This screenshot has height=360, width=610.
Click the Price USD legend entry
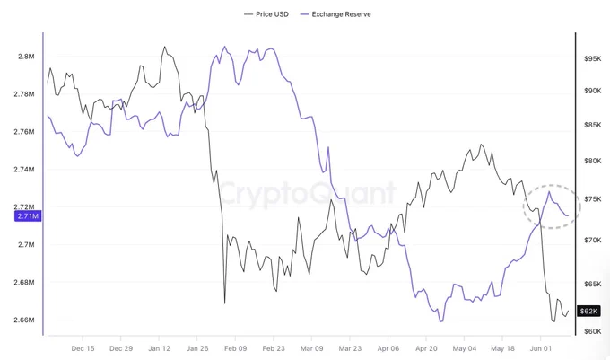click(266, 14)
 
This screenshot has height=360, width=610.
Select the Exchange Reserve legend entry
click(335, 14)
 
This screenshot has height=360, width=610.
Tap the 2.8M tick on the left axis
click(26, 57)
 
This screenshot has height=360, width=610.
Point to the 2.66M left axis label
click(24, 320)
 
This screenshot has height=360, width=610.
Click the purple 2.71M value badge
click(28, 216)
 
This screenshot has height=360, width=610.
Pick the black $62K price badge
click(588, 311)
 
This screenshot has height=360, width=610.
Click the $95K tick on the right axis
click(592, 58)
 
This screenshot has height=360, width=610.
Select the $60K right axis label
click(592, 331)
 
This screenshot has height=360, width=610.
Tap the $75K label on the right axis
click(592, 199)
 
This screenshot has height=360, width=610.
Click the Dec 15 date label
click(83, 348)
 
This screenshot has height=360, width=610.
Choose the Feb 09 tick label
click(235, 348)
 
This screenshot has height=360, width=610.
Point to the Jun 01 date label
click(540, 348)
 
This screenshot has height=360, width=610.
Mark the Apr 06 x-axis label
click(388, 348)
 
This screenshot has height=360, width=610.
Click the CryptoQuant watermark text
click(308, 193)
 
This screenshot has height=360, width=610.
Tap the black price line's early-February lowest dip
click(225, 303)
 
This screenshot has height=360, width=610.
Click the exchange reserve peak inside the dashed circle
click(549, 191)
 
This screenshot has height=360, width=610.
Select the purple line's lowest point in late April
click(440, 321)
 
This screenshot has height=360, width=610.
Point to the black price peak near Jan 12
click(164, 47)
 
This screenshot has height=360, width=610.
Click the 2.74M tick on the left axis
click(24, 170)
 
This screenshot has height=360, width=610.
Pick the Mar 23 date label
click(350, 348)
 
